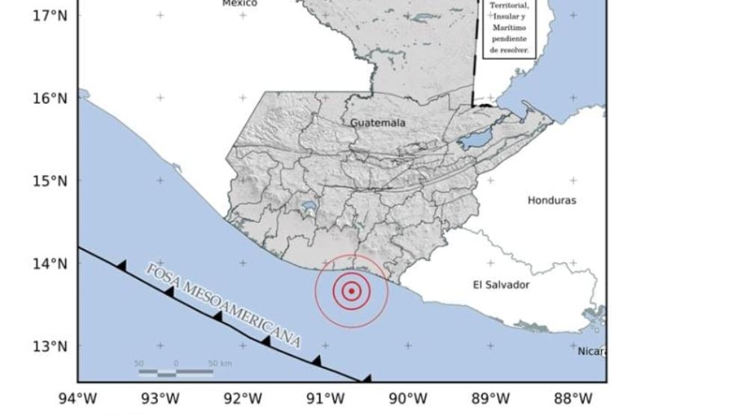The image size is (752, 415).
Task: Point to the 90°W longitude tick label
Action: point(408,399)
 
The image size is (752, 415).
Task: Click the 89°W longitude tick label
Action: point(491,399)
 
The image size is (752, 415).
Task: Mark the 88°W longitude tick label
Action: point(573,399)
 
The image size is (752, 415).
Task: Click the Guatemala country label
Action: point(377,123)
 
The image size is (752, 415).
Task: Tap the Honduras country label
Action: point(552,200)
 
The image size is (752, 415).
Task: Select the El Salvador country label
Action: point(501,285)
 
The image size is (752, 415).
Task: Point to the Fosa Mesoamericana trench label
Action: point(224,305)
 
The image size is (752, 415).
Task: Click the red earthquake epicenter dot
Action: point(351,291)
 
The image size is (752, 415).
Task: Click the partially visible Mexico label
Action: point(240,4)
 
